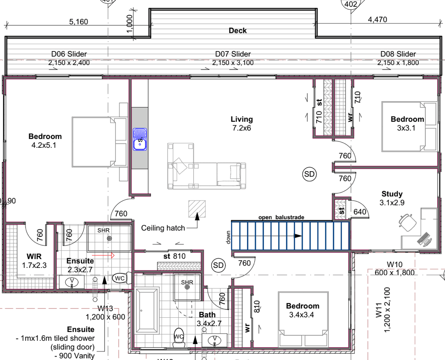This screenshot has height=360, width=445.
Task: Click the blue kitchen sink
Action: click(x=140, y=139)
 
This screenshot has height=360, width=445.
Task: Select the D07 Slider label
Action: click(x=233, y=54)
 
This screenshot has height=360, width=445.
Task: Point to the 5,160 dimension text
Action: click(x=79, y=22)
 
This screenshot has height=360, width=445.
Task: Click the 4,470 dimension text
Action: click(x=377, y=19)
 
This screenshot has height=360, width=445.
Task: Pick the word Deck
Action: click(x=238, y=31)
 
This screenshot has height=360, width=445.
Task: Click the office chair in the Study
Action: click(x=407, y=221)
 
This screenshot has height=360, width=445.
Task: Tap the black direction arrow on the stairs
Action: click(x=297, y=236)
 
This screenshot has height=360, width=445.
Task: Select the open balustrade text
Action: click(x=281, y=217)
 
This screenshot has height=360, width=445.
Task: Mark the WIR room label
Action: click(x=33, y=256)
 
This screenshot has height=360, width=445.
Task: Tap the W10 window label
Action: click(x=394, y=264)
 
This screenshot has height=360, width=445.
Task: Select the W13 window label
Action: click(x=105, y=309)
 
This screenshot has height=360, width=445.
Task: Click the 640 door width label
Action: click(x=360, y=212)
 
